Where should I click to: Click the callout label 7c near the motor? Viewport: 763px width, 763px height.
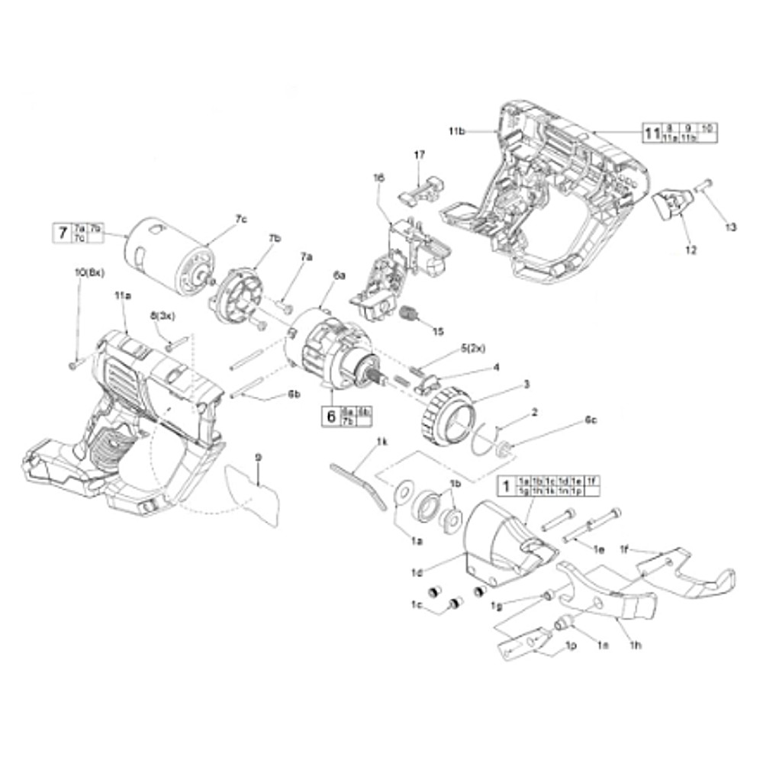(x=241, y=219)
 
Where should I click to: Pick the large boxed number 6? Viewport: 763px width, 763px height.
(x=331, y=417)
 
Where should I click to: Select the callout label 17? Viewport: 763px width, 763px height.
(x=419, y=155)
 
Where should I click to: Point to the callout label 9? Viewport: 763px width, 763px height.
(x=259, y=456)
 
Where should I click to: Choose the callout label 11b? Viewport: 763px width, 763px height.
(x=457, y=132)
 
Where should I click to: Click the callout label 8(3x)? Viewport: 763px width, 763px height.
(x=163, y=314)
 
